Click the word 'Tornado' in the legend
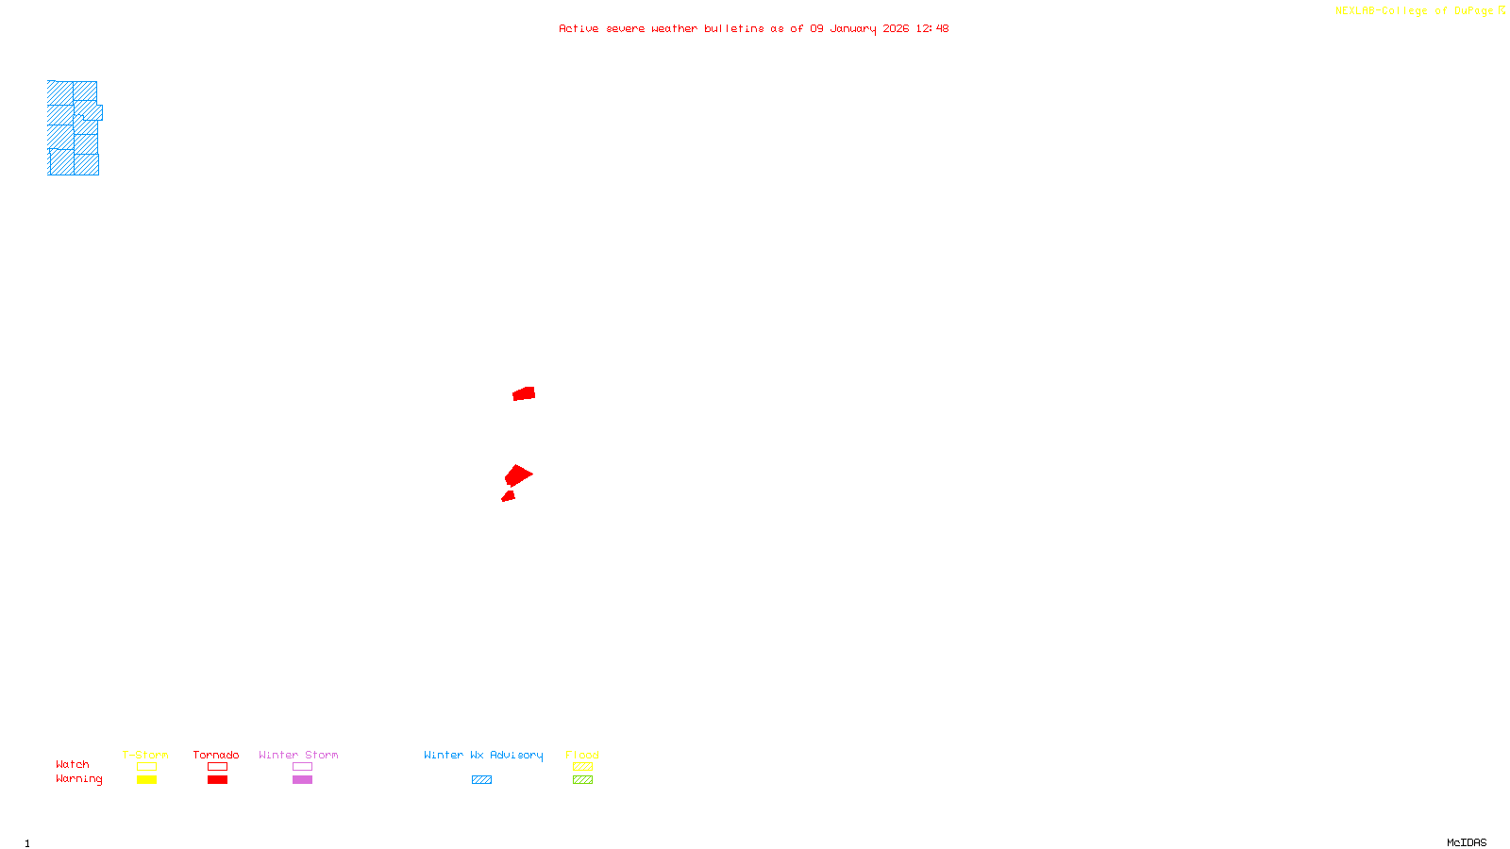(x=216, y=755)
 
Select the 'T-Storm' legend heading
(x=145, y=755)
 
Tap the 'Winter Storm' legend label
(x=298, y=755)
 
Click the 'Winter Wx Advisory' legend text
(x=483, y=755)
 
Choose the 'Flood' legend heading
(x=582, y=755)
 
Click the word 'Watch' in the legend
(x=73, y=764)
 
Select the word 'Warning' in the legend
(x=79, y=779)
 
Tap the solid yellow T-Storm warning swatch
(x=146, y=780)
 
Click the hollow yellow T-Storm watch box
(x=146, y=767)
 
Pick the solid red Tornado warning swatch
(x=217, y=780)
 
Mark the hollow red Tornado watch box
(x=217, y=767)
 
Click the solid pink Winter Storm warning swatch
(x=302, y=780)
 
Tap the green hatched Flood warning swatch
(x=582, y=780)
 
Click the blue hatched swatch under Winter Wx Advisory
(x=481, y=780)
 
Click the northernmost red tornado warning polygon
(x=524, y=393)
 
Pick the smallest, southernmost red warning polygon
(x=509, y=496)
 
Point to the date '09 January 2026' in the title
(x=859, y=28)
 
